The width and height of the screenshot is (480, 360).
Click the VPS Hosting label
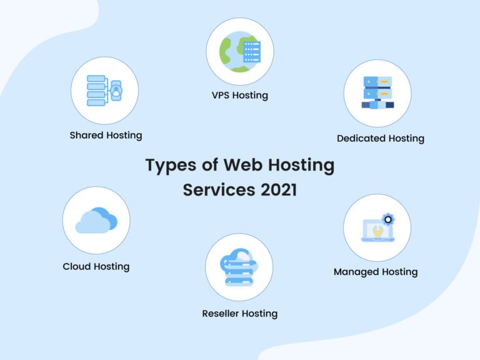(239, 96)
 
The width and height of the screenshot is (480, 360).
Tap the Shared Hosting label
(106, 135)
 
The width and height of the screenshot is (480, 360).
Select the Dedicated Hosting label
(380, 138)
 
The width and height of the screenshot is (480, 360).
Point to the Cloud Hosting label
(96, 266)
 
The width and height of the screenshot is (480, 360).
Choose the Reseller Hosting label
(239, 313)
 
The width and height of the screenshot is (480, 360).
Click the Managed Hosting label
(375, 272)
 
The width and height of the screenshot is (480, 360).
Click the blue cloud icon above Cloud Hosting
(96, 220)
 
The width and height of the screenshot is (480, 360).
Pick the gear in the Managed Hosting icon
(388, 219)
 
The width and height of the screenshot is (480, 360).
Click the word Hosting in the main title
(303, 166)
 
